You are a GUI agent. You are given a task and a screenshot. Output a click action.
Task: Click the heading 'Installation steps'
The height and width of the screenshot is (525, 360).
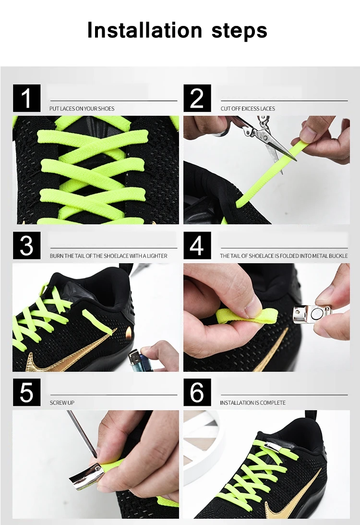point(177,31)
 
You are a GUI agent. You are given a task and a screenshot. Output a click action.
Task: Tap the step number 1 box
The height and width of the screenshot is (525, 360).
point(26,98)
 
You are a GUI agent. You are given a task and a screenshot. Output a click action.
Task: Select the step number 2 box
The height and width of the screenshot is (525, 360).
point(197,98)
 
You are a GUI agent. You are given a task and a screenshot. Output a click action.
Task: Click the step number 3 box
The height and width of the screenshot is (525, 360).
point(26,245)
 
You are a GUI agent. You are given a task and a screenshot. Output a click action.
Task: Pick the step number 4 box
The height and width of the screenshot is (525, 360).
point(197,245)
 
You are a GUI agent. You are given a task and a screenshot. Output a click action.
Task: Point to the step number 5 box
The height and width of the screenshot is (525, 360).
point(26,392)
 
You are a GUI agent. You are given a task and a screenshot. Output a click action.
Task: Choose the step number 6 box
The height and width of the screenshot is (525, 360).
point(197,392)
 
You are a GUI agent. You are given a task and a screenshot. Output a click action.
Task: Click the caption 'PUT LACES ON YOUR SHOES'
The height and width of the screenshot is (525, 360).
point(82,109)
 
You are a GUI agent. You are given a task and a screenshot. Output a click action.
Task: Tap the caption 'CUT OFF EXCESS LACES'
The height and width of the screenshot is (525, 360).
point(248,109)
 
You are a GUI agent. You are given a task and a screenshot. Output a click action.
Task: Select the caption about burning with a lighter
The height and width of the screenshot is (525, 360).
point(108,256)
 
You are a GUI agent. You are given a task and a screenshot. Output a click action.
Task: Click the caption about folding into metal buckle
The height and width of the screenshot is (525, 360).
point(284,256)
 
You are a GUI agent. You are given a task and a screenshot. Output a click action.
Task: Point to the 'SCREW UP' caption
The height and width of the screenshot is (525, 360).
point(62,403)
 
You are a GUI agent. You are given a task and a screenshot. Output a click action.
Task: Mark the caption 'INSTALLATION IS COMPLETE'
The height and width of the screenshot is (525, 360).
point(252,403)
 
